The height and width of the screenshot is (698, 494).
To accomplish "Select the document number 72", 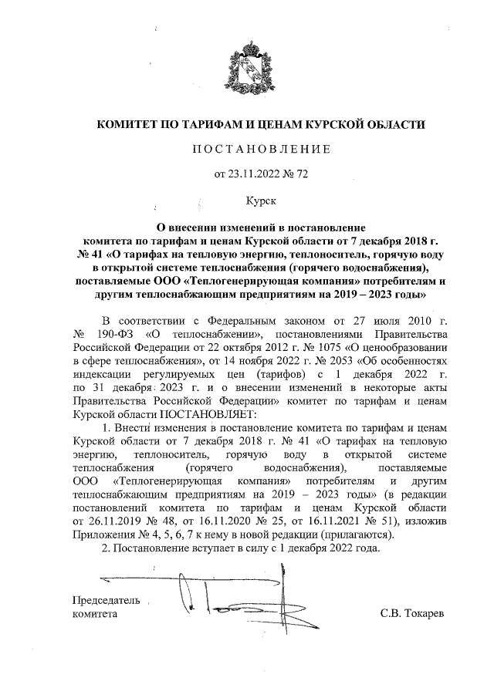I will pos(302,174).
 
